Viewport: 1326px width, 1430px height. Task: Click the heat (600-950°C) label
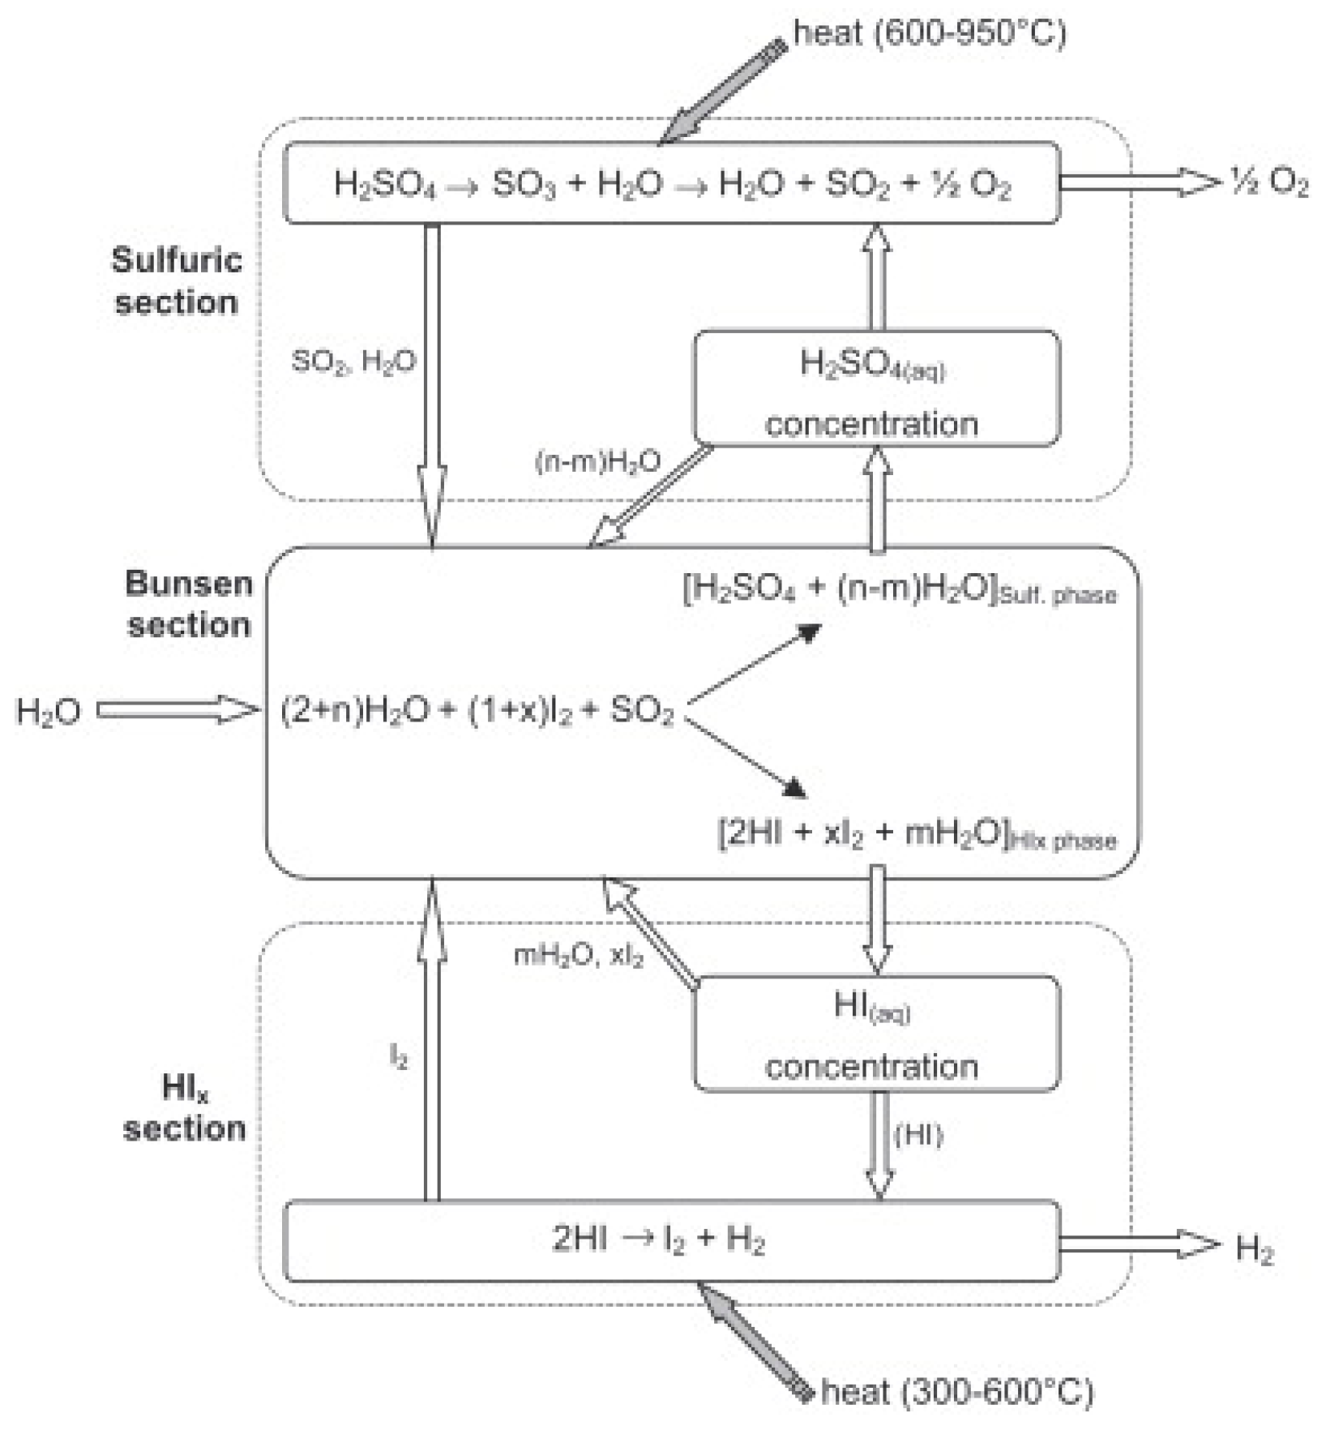[x=929, y=34]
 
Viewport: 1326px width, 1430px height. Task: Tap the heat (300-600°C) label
[x=956, y=1392]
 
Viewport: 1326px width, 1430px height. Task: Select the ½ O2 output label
[x=1268, y=183]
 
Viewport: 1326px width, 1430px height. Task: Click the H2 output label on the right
[x=1254, y=1249]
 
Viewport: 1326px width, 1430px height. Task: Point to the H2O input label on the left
[x=49, y=712]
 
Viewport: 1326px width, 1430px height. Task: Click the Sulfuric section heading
[x=176, y=281]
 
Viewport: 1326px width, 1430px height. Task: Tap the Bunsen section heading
[x=188, y=604]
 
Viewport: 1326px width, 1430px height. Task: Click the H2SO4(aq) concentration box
[x=876, y=388]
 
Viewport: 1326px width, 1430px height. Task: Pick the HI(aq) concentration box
[x=876, y=1034]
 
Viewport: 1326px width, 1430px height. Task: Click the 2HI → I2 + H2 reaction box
[x=671, y=1241]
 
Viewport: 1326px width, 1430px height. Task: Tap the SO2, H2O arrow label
[x=353, y=362]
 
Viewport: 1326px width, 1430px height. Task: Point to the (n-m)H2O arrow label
[x=597, y=462]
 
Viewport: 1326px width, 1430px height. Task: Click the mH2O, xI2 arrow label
[x=579, y=956]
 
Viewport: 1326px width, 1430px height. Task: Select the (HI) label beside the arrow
[x=918, y=1135]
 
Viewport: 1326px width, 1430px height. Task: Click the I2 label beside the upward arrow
[x=399, y=1055]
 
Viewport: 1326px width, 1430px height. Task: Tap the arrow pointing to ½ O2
[x=1138, y=182]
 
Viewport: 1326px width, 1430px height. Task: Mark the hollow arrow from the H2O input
[x=177, y=710]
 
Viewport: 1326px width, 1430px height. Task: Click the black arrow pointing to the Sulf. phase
[x=754, y=662]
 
